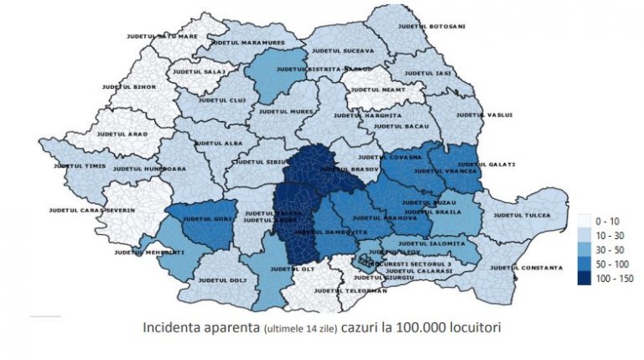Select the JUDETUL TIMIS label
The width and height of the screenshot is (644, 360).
pyautogui.click(x=80, y=166)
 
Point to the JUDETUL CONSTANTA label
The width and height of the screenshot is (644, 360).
pyautogui.click(x=526, y=268)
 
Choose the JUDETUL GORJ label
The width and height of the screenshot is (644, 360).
pyautogui.click(x=205, y=219)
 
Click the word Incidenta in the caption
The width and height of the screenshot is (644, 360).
pyautogui.click(x=171, y=326)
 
